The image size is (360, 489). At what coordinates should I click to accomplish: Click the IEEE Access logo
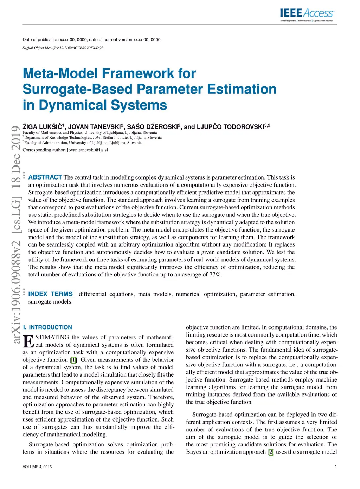(307, 14)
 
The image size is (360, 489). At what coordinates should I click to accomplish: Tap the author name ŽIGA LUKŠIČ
(43, 127)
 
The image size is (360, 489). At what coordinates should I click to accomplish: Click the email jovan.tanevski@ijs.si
(87, 150)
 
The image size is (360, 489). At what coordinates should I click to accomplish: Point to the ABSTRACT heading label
(45, 177)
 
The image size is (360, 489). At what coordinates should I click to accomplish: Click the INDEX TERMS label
(50, 294)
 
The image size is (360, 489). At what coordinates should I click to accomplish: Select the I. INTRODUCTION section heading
(47, 327)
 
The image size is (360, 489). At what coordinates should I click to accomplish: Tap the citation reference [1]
(73, 360)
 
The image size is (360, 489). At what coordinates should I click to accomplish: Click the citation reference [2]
(270, 452)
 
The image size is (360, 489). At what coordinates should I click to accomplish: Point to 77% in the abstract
(216, 274)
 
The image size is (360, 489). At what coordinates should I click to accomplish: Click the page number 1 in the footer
(336, 467)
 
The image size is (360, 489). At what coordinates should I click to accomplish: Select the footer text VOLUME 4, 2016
(37, 467)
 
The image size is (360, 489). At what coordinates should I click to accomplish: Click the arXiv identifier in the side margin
(16, 234)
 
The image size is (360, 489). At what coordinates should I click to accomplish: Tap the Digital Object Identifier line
(63, 48)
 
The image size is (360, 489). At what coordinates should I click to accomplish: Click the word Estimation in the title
(242, 89)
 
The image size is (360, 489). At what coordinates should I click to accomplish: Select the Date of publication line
(92, 40)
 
